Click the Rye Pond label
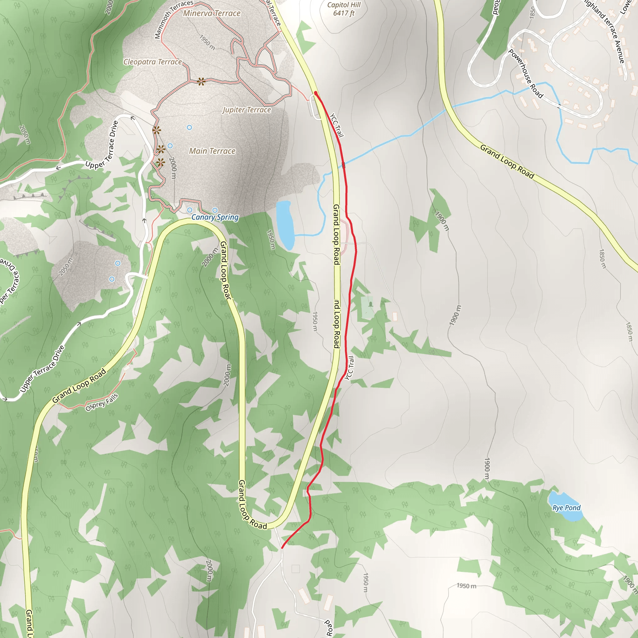click(x=566, y=508)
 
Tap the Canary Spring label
click(x=215, y=217)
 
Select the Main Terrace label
click(x=212, y=151)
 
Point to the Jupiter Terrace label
click(x=247, y=110)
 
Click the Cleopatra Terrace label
click(x=153, y=62)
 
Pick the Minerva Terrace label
click(x=212, y=13)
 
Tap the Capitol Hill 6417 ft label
click(x=344, y=9)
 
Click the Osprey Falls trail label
click(x=102, y=402)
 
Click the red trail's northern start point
click(x=316, y=93)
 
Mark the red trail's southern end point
click(x=282, y=548)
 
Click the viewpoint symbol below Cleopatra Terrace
click(x=201, y=81)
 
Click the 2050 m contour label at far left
click(x=25, y=135)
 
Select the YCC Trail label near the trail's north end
click(x=337, y=125)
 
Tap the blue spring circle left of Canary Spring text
click(x=189, y=210)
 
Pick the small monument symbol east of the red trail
click(x=371, y=304)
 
